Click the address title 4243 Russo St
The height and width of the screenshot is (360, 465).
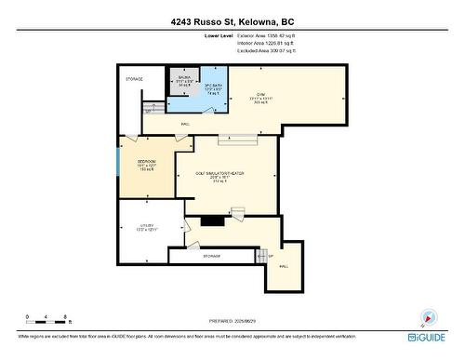tap(232, 21)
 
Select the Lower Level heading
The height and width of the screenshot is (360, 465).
tap(219, 36)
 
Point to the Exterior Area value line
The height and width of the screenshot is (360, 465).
tap(274, 36)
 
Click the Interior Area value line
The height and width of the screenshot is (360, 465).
tap(274, 43)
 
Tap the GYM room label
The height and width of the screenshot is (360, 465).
tap(263, 97)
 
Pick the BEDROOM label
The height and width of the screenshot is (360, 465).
tap(146, 165)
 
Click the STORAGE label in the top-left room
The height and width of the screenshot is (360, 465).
tap(135, 79)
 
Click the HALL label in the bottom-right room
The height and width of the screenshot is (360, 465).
tap(284, 267)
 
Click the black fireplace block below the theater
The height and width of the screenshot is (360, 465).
tap(213, 221)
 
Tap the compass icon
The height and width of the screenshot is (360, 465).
tap(426, 317)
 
